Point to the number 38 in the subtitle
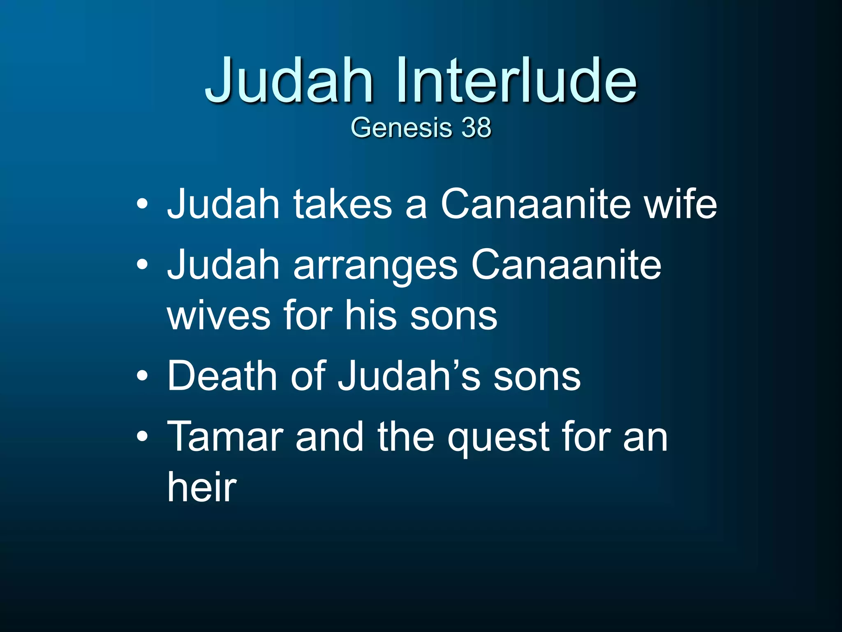tap(476, 127)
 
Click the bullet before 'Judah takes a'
tap(142, 204)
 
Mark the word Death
tap(222, 376)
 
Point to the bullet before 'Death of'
tap(142, 376)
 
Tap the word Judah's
tap(409, 376)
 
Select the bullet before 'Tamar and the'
tap(142, 437)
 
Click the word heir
tap(202, 487)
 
